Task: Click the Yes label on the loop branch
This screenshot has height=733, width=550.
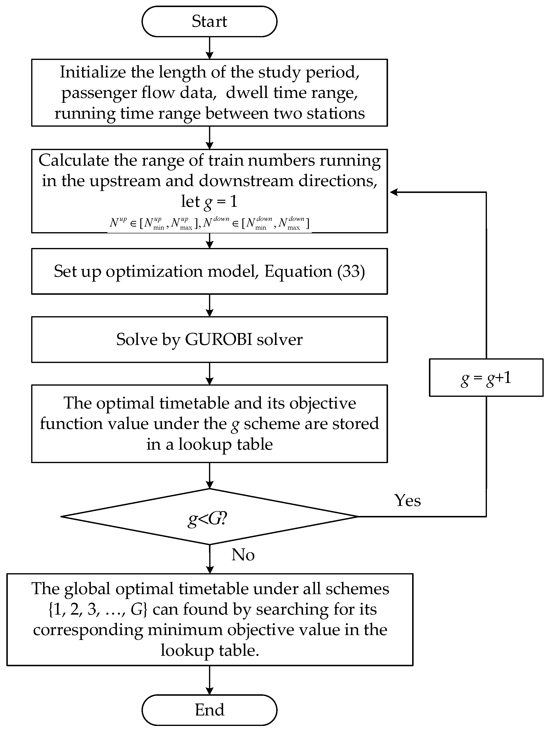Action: [x=407, y=500]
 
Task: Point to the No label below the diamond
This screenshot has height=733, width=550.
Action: [x=243, y=555]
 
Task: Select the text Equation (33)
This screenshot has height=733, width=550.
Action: [x=314, y=271]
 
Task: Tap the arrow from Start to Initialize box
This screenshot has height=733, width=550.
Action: [x=209, y=48]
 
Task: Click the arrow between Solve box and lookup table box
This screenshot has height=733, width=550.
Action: [x=209, y=373]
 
